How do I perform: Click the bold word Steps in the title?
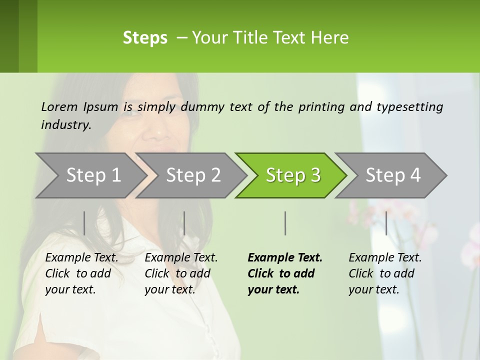coord(145,38)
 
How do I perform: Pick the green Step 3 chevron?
coord(293,175)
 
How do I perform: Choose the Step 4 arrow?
coord(393,175)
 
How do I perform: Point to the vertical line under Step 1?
coord(84,223)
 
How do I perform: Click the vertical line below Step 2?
coord(184,223)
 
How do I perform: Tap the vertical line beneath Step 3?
coord(285,223)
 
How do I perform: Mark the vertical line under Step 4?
coord(386,223)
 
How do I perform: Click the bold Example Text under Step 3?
coord(285,258)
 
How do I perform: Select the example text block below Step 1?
coord(81,273)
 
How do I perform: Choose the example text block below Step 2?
coord(181,273)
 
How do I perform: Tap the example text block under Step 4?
coord(385,273)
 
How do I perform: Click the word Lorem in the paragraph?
coord(59,107)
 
